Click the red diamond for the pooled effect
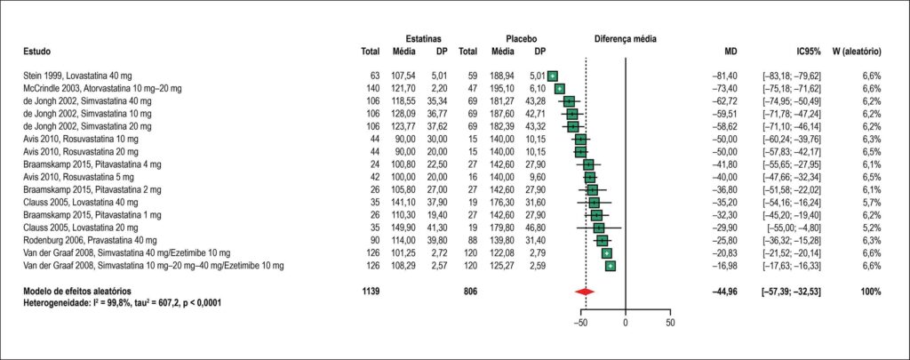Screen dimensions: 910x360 (x=585, y=292)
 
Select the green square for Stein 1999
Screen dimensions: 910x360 (x=552, y=76)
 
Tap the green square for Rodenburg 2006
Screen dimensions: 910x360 (x=602, y=240)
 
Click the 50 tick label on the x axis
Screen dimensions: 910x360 (x=670, y=323)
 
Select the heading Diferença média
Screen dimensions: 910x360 (x=625, y=39)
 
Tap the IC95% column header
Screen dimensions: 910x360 (x=809, y=52)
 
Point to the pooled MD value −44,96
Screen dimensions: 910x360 (x=726, y=291)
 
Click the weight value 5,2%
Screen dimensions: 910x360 (x=873, y=228)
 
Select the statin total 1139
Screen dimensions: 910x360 (x=371, y=291)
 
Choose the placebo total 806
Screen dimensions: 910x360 (x=470, y=291)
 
